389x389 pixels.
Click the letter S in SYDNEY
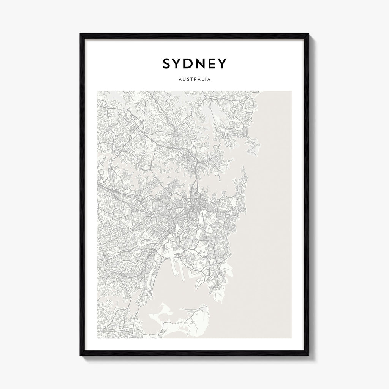click(167, 64)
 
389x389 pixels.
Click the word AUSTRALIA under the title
click(194, 80)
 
